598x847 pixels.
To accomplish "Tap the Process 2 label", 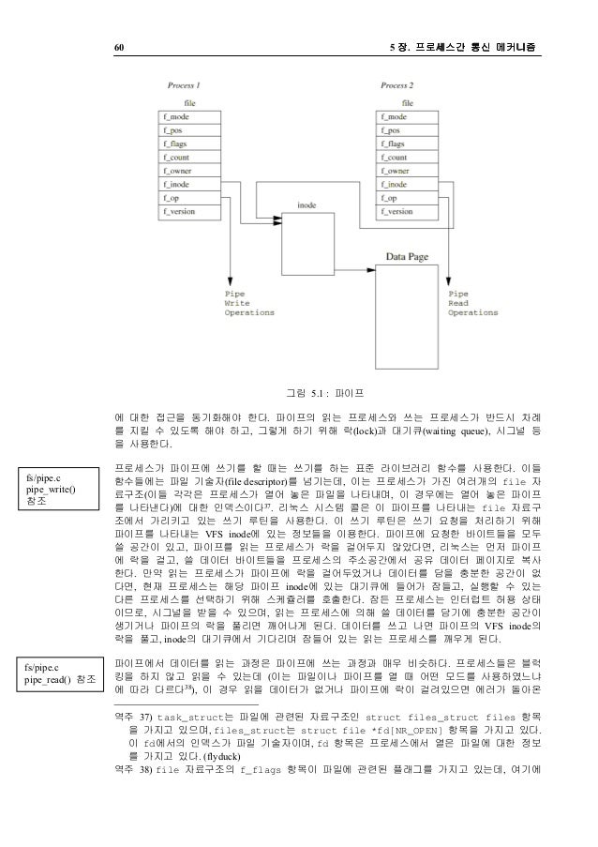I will [398, 86].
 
